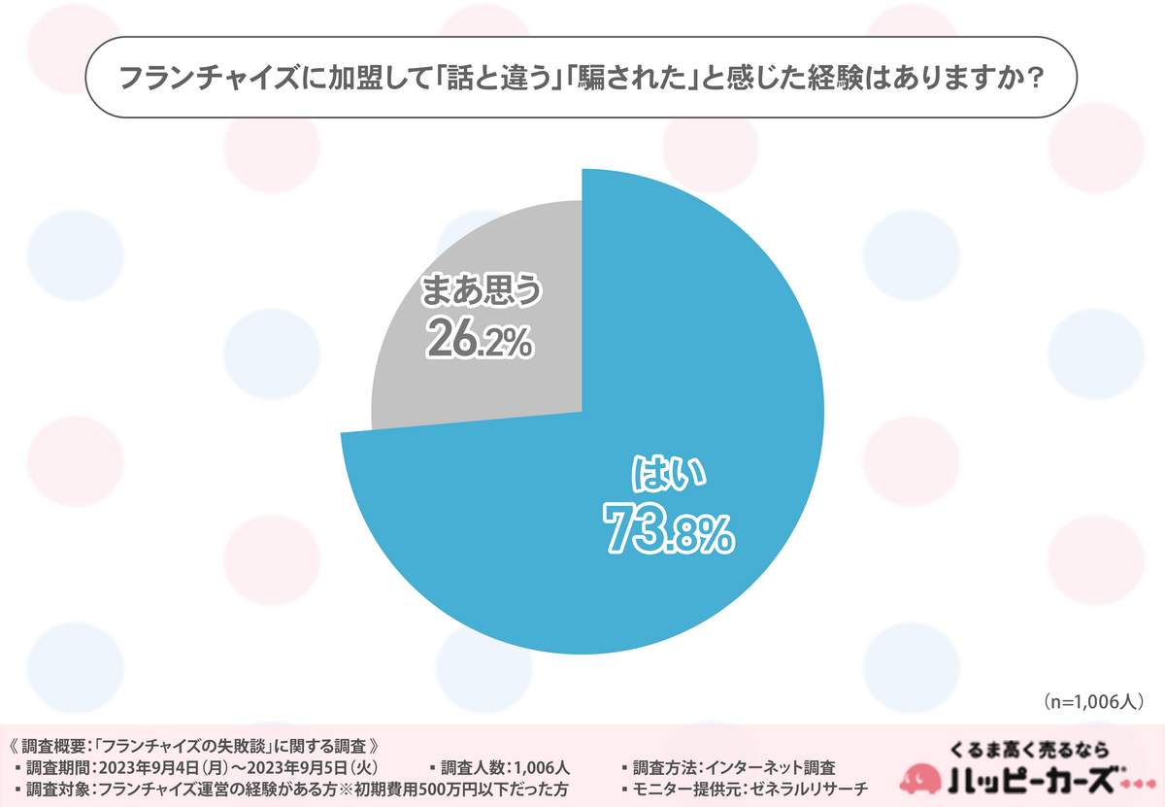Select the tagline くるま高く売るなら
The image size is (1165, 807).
pos(1030,749)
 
